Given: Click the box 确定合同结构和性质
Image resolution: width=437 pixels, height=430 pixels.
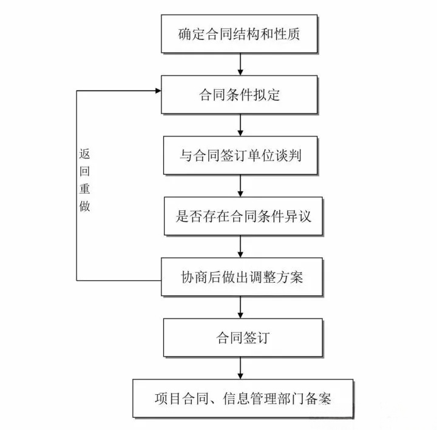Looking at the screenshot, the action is (239, 34).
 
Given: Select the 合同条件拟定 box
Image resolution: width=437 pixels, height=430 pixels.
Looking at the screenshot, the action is (239, 95).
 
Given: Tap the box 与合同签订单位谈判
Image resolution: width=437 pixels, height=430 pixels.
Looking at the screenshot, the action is (240, 155).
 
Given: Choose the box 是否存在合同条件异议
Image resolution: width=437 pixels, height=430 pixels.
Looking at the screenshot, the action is (243, 216).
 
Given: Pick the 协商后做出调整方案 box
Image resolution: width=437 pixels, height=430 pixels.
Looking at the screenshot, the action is (242, 277).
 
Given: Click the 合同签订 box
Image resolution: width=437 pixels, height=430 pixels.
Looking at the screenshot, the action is (243, 338).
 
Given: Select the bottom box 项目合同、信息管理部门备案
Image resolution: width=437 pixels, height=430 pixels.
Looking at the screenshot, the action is (243, 398).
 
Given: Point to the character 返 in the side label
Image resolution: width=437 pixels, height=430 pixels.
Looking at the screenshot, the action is (84, 153).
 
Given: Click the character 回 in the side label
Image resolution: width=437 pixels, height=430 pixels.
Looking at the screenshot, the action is (84, 171).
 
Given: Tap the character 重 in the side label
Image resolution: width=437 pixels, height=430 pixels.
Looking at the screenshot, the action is (84, 189).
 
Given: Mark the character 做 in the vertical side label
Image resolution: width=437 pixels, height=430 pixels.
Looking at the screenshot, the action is (84, 206).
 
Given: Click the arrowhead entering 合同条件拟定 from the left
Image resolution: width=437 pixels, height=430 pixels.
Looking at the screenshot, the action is (158, 90).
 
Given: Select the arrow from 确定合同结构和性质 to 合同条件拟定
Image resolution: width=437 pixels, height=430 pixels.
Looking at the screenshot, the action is (240, 64).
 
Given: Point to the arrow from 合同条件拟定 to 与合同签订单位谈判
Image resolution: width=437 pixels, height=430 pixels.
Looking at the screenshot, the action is (240, 125).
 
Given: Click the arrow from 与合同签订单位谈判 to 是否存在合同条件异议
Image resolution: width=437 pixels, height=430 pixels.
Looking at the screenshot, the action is (240, 186).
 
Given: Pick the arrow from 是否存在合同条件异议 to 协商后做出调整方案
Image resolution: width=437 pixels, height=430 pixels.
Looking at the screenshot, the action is (240, 247).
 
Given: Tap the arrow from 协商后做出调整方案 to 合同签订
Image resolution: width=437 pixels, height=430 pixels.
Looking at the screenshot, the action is (240, 307).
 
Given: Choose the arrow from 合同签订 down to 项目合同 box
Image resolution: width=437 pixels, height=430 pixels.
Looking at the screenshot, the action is (240, 368).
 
